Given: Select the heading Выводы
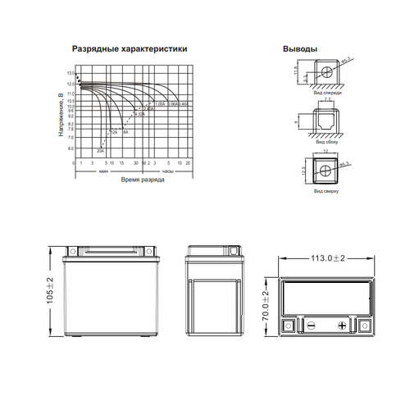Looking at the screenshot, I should [300, 50].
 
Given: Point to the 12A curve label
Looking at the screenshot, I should [115, 131].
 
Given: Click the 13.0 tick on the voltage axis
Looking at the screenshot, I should [71, 74].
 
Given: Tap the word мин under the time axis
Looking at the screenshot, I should [104, 171].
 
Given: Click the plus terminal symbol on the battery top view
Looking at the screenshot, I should [341, 325].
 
